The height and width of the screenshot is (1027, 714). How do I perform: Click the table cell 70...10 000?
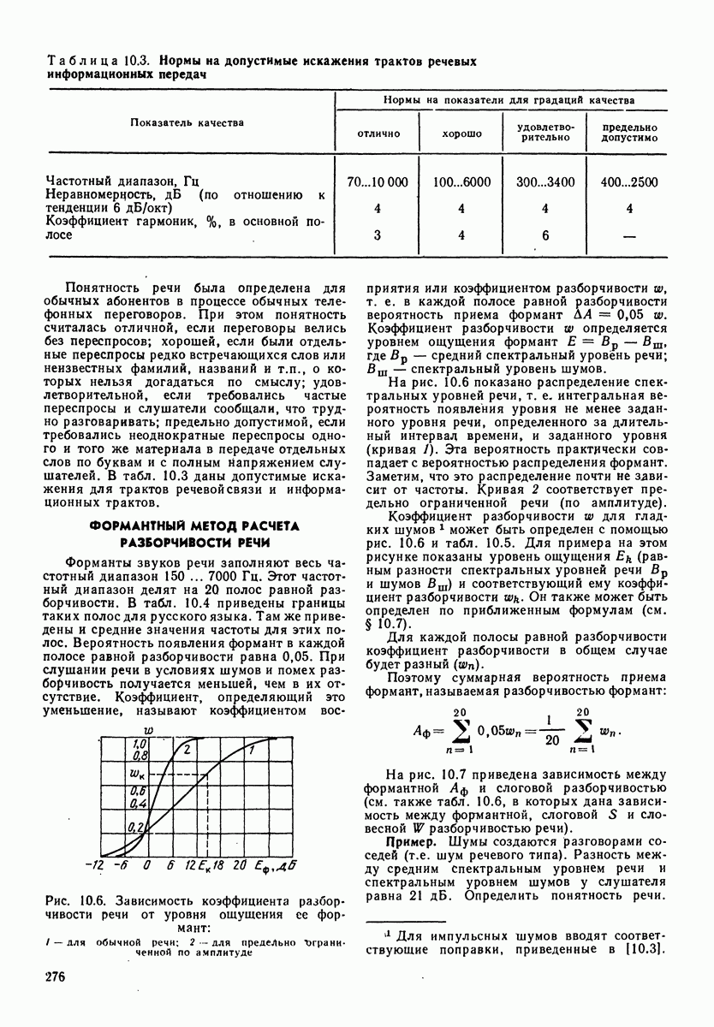[378, 182]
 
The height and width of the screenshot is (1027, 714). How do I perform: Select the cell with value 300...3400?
[545, 182]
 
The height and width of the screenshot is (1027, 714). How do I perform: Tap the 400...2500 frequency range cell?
[629, 182]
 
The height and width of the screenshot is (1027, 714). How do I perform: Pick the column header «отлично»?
[378, 134]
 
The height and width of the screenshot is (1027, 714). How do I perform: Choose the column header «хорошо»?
[461, 134]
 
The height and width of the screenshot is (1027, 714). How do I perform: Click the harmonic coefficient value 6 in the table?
[545, 236]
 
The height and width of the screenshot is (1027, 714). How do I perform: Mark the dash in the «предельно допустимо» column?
[629, 236]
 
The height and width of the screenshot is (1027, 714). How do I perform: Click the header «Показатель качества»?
[187, 122]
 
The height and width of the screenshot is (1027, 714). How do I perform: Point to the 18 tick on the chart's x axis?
[218, 865]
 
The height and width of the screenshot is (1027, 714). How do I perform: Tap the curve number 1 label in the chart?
[251, 750]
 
